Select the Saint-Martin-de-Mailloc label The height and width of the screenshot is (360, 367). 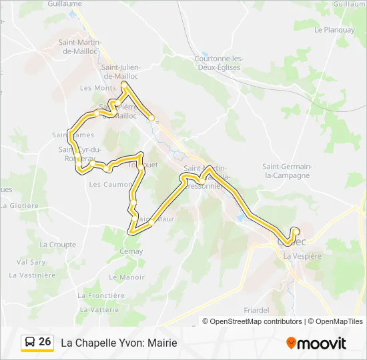(x=80, y=47)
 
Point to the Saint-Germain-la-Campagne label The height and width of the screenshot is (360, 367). (x=286, y=171)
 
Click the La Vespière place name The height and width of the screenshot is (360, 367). (x=302, y=255)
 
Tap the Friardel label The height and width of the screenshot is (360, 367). (x=256, y=310)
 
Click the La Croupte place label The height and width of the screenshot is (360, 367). (x=58, y=245)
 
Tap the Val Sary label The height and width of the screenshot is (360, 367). (x=31, y=262)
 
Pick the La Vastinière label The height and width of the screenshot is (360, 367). (x=32, y=275)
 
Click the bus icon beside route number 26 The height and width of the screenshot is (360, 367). (x=30, y=343)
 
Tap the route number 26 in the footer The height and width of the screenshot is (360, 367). (x=45, y=342)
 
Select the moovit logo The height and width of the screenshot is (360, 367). (x=316, y=343)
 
